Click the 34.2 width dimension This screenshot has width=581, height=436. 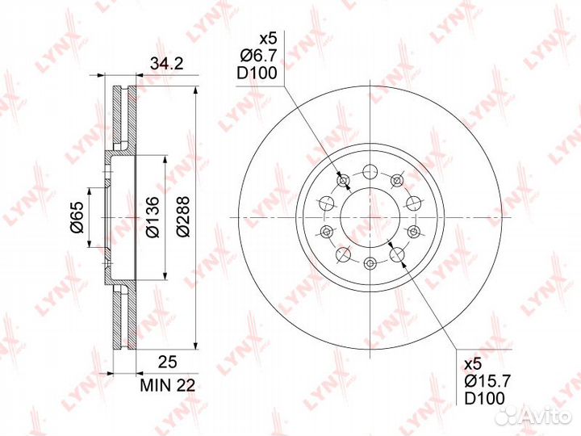pyautogui.click(x=166, y=64)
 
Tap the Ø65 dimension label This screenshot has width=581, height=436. pyautogui.click(x=77, y=218)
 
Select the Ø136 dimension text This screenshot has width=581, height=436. pyautogui.click(x=153, y=217)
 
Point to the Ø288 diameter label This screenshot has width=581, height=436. pyautogui.click(x=182, y=216)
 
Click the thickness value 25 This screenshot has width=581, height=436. pyautogui.click(x=168, y=362)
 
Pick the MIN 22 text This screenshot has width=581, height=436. pyautogui.click(x=168, y=386)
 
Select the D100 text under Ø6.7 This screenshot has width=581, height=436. pyautogui.click(x=257, y=73)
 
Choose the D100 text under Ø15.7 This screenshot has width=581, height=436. pyautogui.click(x=485, y=399)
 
